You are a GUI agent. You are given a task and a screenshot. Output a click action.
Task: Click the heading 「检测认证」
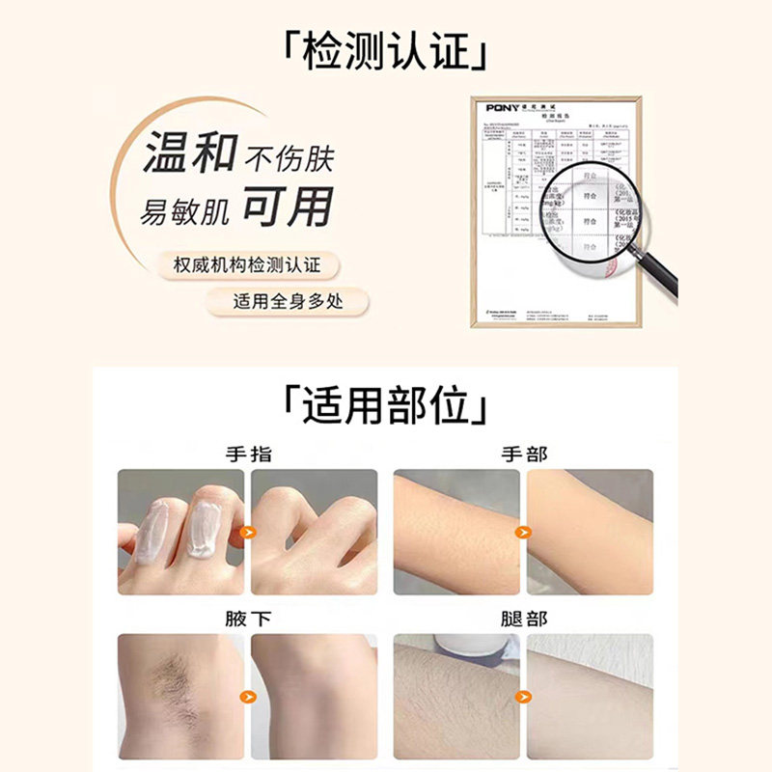click(x=384, y=49)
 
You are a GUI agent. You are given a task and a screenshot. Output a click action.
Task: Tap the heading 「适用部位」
click(x=384, y=405)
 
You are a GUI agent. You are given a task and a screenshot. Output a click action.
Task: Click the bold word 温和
click(x=189, y=154)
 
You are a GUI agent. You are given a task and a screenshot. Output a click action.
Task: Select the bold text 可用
click(x=287, y=207)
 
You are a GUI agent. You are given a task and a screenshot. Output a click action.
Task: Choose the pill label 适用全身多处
click(x=287, y=301)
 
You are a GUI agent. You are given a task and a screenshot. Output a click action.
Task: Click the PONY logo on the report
click(x=502, y=108)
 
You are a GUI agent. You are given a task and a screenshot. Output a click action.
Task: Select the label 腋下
click(x=248, y=619)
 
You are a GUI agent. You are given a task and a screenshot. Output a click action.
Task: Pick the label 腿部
click(x=522, y=619)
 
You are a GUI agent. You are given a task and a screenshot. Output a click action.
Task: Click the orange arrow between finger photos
click(x=248, y=532)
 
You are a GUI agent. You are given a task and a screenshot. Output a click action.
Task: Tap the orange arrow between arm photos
click(x=522, y=532)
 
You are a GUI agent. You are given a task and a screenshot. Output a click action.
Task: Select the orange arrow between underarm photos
click(x=248, y=695)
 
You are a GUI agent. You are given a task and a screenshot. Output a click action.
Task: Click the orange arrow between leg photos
click(x=522, y=695)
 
